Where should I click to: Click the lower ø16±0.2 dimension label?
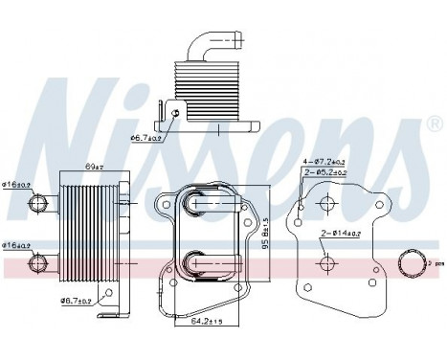(17, 243)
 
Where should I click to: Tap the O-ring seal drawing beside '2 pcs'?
(413, 262)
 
